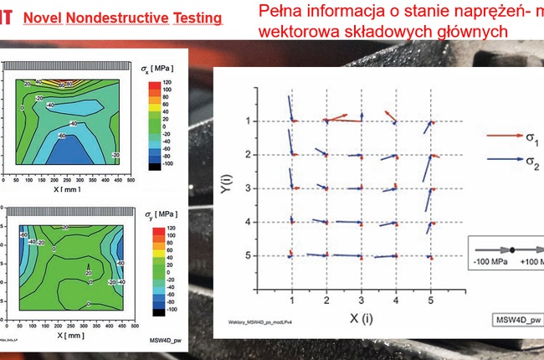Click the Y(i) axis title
click(224, 180)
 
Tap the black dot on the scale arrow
click(511, 249)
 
